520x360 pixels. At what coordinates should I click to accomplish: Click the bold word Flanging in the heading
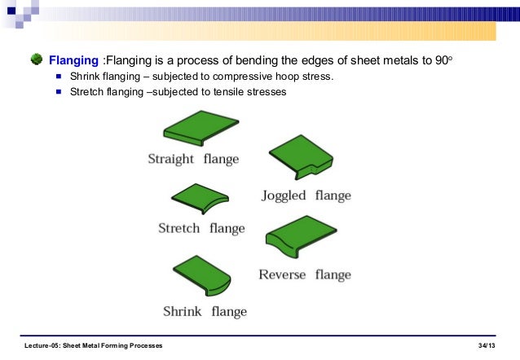[74, 60]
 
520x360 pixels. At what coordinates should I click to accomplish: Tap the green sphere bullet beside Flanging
[37, 59]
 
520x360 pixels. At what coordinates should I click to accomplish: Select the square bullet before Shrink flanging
[59, 77]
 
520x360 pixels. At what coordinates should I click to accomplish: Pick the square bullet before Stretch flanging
[59, 91]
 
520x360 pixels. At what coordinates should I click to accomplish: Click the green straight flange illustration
[201, 130]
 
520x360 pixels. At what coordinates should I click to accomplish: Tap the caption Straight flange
[193, 159]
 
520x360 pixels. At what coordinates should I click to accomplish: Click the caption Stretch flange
[201, 228]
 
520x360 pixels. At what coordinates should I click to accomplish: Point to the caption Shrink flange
[205, 311]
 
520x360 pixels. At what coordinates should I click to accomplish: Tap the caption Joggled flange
[306, 195]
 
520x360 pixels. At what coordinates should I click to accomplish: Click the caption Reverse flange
[305, 274]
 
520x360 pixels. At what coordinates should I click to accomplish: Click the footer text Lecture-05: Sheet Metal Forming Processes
[94, 346]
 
